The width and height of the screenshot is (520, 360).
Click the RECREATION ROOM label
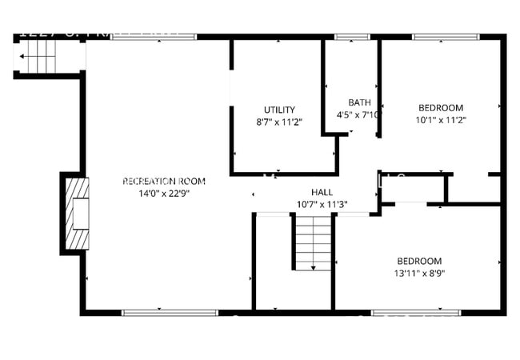[x=163, y=181]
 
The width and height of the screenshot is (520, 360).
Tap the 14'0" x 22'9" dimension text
[x=163, y=192]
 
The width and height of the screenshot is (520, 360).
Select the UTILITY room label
[x=279, y=110]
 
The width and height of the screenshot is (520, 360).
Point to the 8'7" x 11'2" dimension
[x=279, y=122]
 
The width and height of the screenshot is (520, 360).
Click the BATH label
[x=359, y=102]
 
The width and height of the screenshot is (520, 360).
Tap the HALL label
[x=322, y=192]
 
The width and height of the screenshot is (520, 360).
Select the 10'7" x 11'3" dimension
[x=322, y=204]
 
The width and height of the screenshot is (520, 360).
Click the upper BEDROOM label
[x=441, y=108]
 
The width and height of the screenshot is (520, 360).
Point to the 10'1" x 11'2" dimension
[x=441, y=120]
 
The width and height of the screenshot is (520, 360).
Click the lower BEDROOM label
[x=420, y=261]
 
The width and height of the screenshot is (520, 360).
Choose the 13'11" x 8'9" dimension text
[x=420, y=273]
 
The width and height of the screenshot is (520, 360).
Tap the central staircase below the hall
[x=313, y=242]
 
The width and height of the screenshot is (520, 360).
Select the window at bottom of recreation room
[x=169, y=312]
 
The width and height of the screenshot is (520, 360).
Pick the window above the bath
[x=346, y=37]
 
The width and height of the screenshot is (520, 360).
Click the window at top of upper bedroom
[x=446, y=37]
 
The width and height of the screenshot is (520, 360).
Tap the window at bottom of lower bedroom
[x=416, y=312]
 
